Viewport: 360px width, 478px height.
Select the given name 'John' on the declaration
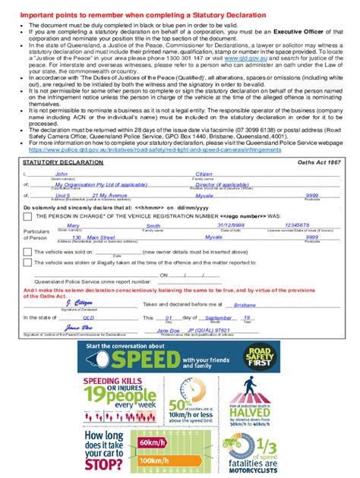62,174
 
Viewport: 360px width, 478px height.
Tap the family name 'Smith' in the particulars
153,225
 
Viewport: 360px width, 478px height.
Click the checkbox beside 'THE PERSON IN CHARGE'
27,216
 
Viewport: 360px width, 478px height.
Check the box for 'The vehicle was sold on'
27,251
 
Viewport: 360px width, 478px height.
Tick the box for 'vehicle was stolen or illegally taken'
27,263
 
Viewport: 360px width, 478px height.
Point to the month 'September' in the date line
219,318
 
